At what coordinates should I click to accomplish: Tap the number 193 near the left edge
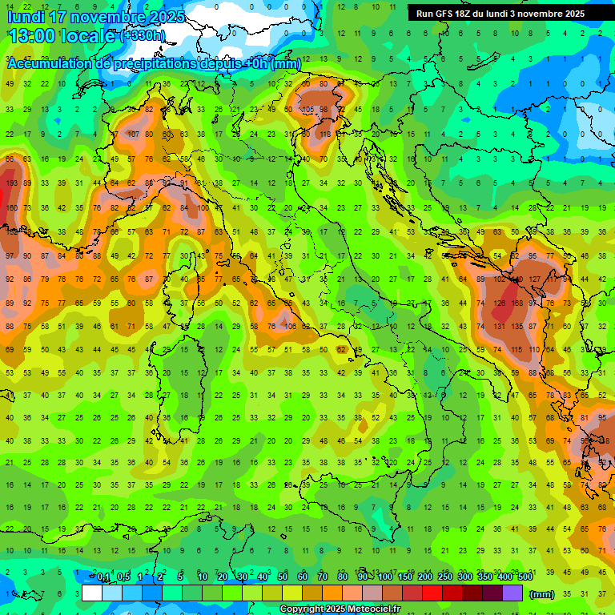(11, 183)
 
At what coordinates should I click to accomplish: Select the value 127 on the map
(535, 279)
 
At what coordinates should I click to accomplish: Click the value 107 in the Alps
(134, 135)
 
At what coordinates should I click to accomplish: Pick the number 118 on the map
(325, 135)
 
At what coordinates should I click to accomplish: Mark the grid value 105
(307, 110)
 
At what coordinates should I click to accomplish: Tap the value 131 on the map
(500, 327)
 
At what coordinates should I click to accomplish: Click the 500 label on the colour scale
(525, 577)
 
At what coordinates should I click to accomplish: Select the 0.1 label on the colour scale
(103, 577)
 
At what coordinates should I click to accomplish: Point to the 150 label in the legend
(405, 577)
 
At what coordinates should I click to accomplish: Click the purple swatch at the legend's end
(513, 593)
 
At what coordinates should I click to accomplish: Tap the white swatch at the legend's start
(92, 593)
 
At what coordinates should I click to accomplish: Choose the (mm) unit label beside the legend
(541, 594)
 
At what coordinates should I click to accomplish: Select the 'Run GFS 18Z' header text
(448, 14)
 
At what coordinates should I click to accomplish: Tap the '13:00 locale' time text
(61, 35)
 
